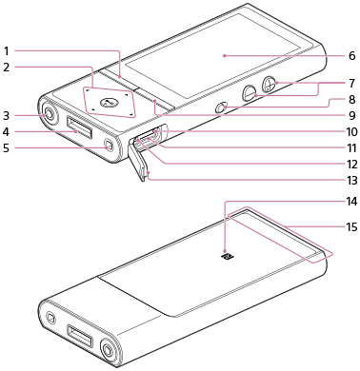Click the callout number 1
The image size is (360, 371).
7,50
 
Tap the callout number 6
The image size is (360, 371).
351,56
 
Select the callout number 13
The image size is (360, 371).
351,181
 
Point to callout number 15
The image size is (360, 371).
351,227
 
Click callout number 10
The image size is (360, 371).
351,131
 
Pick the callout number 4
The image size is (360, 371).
7,131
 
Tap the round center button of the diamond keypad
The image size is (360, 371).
109,102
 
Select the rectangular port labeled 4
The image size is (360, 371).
80,127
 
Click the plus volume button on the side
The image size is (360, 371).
269,84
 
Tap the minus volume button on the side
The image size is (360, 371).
250,93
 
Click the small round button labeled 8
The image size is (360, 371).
222,107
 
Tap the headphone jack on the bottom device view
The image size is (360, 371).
109,350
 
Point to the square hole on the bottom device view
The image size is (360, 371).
50,317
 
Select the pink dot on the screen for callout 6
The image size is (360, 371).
224,56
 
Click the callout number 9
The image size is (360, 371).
351,115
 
